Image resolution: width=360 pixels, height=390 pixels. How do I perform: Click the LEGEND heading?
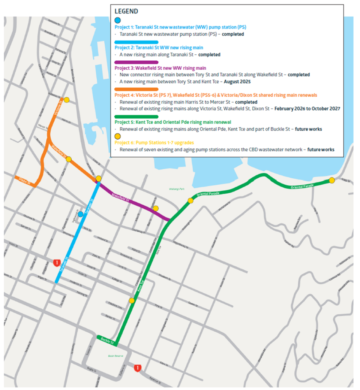pyautogui.click(x=126, y=11)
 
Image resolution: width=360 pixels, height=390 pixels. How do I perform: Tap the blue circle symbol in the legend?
pyautogui.click(x=118, y=21)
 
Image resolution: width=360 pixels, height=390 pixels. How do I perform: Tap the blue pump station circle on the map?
pyautogui.click(x=80, y=214)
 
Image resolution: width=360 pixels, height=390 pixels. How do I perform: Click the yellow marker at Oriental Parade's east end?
pyautogui.click(x=331, y=181)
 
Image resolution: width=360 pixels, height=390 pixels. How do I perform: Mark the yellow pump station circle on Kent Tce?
pyautogui.click(x=132, y=300)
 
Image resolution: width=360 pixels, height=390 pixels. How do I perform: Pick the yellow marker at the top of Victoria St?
pyautogui.click(x=66, y=100)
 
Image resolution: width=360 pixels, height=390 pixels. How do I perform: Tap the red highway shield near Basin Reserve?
pyautogui.click(x=138, y=368)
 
